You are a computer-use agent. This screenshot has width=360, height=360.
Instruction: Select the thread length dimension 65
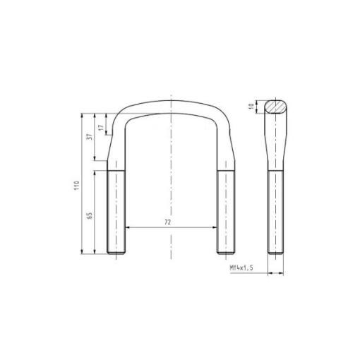click(90, 215)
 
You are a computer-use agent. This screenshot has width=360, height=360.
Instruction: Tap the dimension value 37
click(90, 137)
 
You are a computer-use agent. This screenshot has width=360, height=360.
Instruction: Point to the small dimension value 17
click(101, 128)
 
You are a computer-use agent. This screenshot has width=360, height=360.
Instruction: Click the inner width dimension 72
click(167, 222)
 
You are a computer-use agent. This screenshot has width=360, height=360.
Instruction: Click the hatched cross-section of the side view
click(276, 107)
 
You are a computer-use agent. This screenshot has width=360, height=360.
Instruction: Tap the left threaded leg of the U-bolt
click(116, 212)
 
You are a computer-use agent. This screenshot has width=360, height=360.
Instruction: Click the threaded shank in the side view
click(276, 212)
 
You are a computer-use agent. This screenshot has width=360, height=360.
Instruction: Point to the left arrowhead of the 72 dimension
click(127, 227)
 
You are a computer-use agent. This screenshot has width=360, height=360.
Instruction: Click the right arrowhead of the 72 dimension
click(214, 227)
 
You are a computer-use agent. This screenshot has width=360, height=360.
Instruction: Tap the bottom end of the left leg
click(116, 253)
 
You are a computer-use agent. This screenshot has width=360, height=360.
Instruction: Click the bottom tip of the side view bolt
click(276, 253)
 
